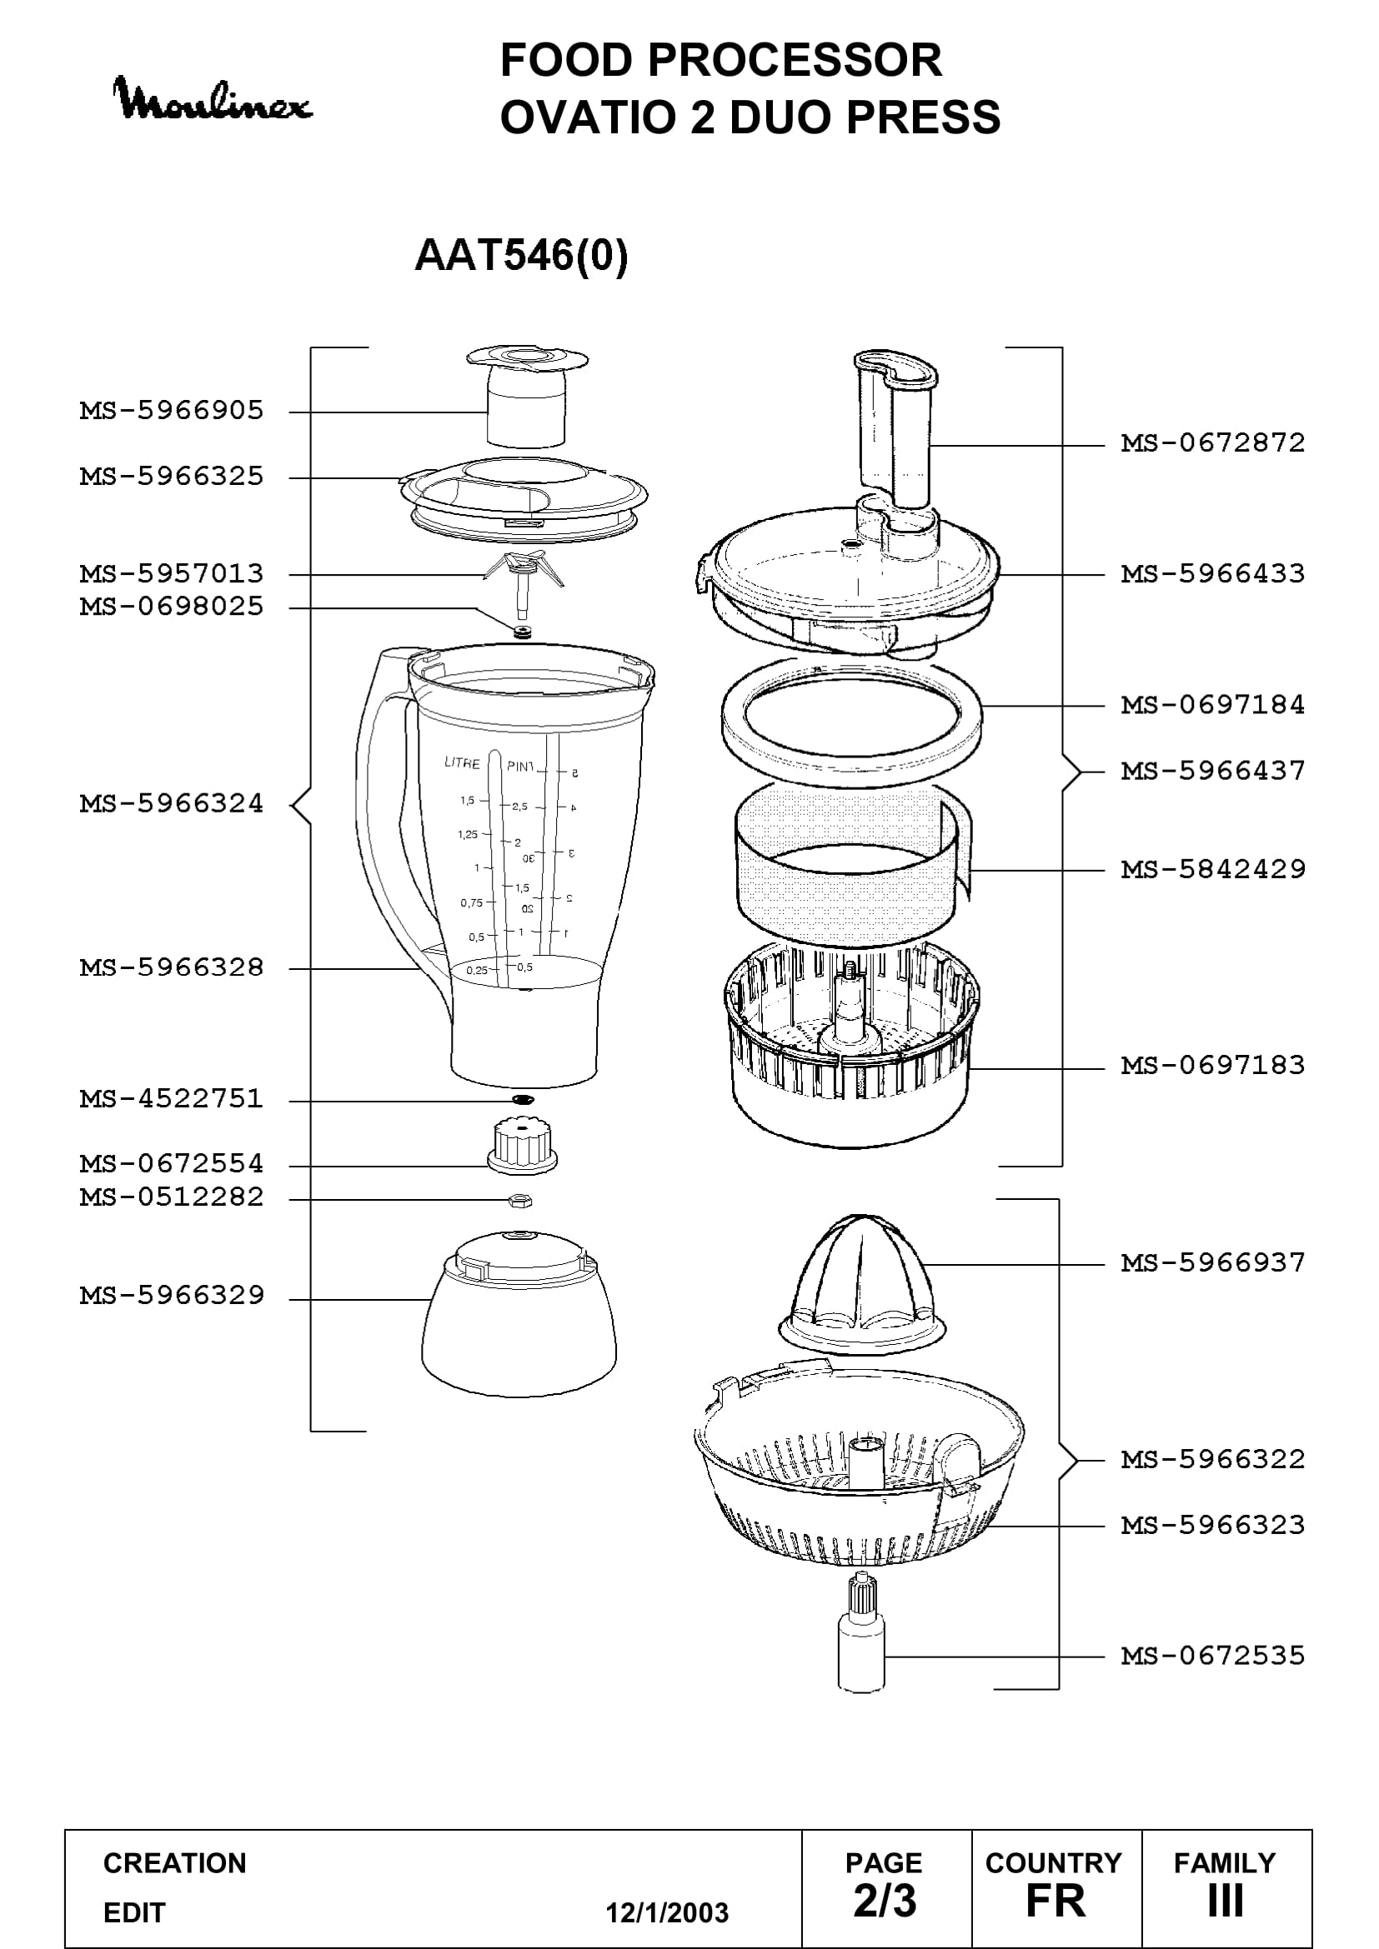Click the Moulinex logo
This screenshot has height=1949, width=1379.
tap(213, 100)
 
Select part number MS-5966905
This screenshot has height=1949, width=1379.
tap(172, 411)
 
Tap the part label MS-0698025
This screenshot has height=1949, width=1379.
tap(172, 607)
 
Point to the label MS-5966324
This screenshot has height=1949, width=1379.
tap(172, 803)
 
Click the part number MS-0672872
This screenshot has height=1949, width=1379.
tap(1212, 443)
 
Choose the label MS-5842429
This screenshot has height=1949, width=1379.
tap(1212, 869)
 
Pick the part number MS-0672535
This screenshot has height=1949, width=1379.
tap(1212, 1656)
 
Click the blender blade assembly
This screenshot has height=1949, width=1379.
tap(523, 582)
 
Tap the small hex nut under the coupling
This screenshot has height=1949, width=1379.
tap(519, 1199)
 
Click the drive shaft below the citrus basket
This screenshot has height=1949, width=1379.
tap(860, 1643)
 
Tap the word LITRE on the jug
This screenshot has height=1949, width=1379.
tap(462, 762)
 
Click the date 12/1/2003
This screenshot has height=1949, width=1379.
tap(667, 1912)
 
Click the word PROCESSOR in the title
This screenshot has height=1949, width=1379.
tap(795, 60)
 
